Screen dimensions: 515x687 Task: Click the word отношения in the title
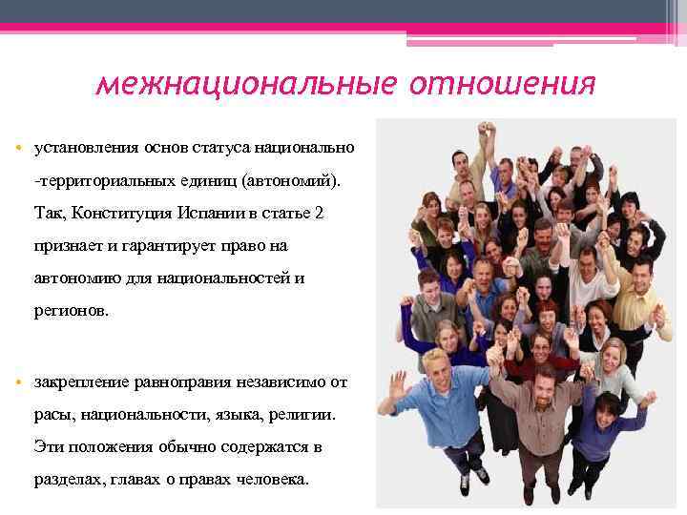click(x=503, y=85)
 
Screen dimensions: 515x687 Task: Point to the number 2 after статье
click(x=319, y=213)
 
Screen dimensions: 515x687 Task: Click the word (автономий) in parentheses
click(x=297, y=180)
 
